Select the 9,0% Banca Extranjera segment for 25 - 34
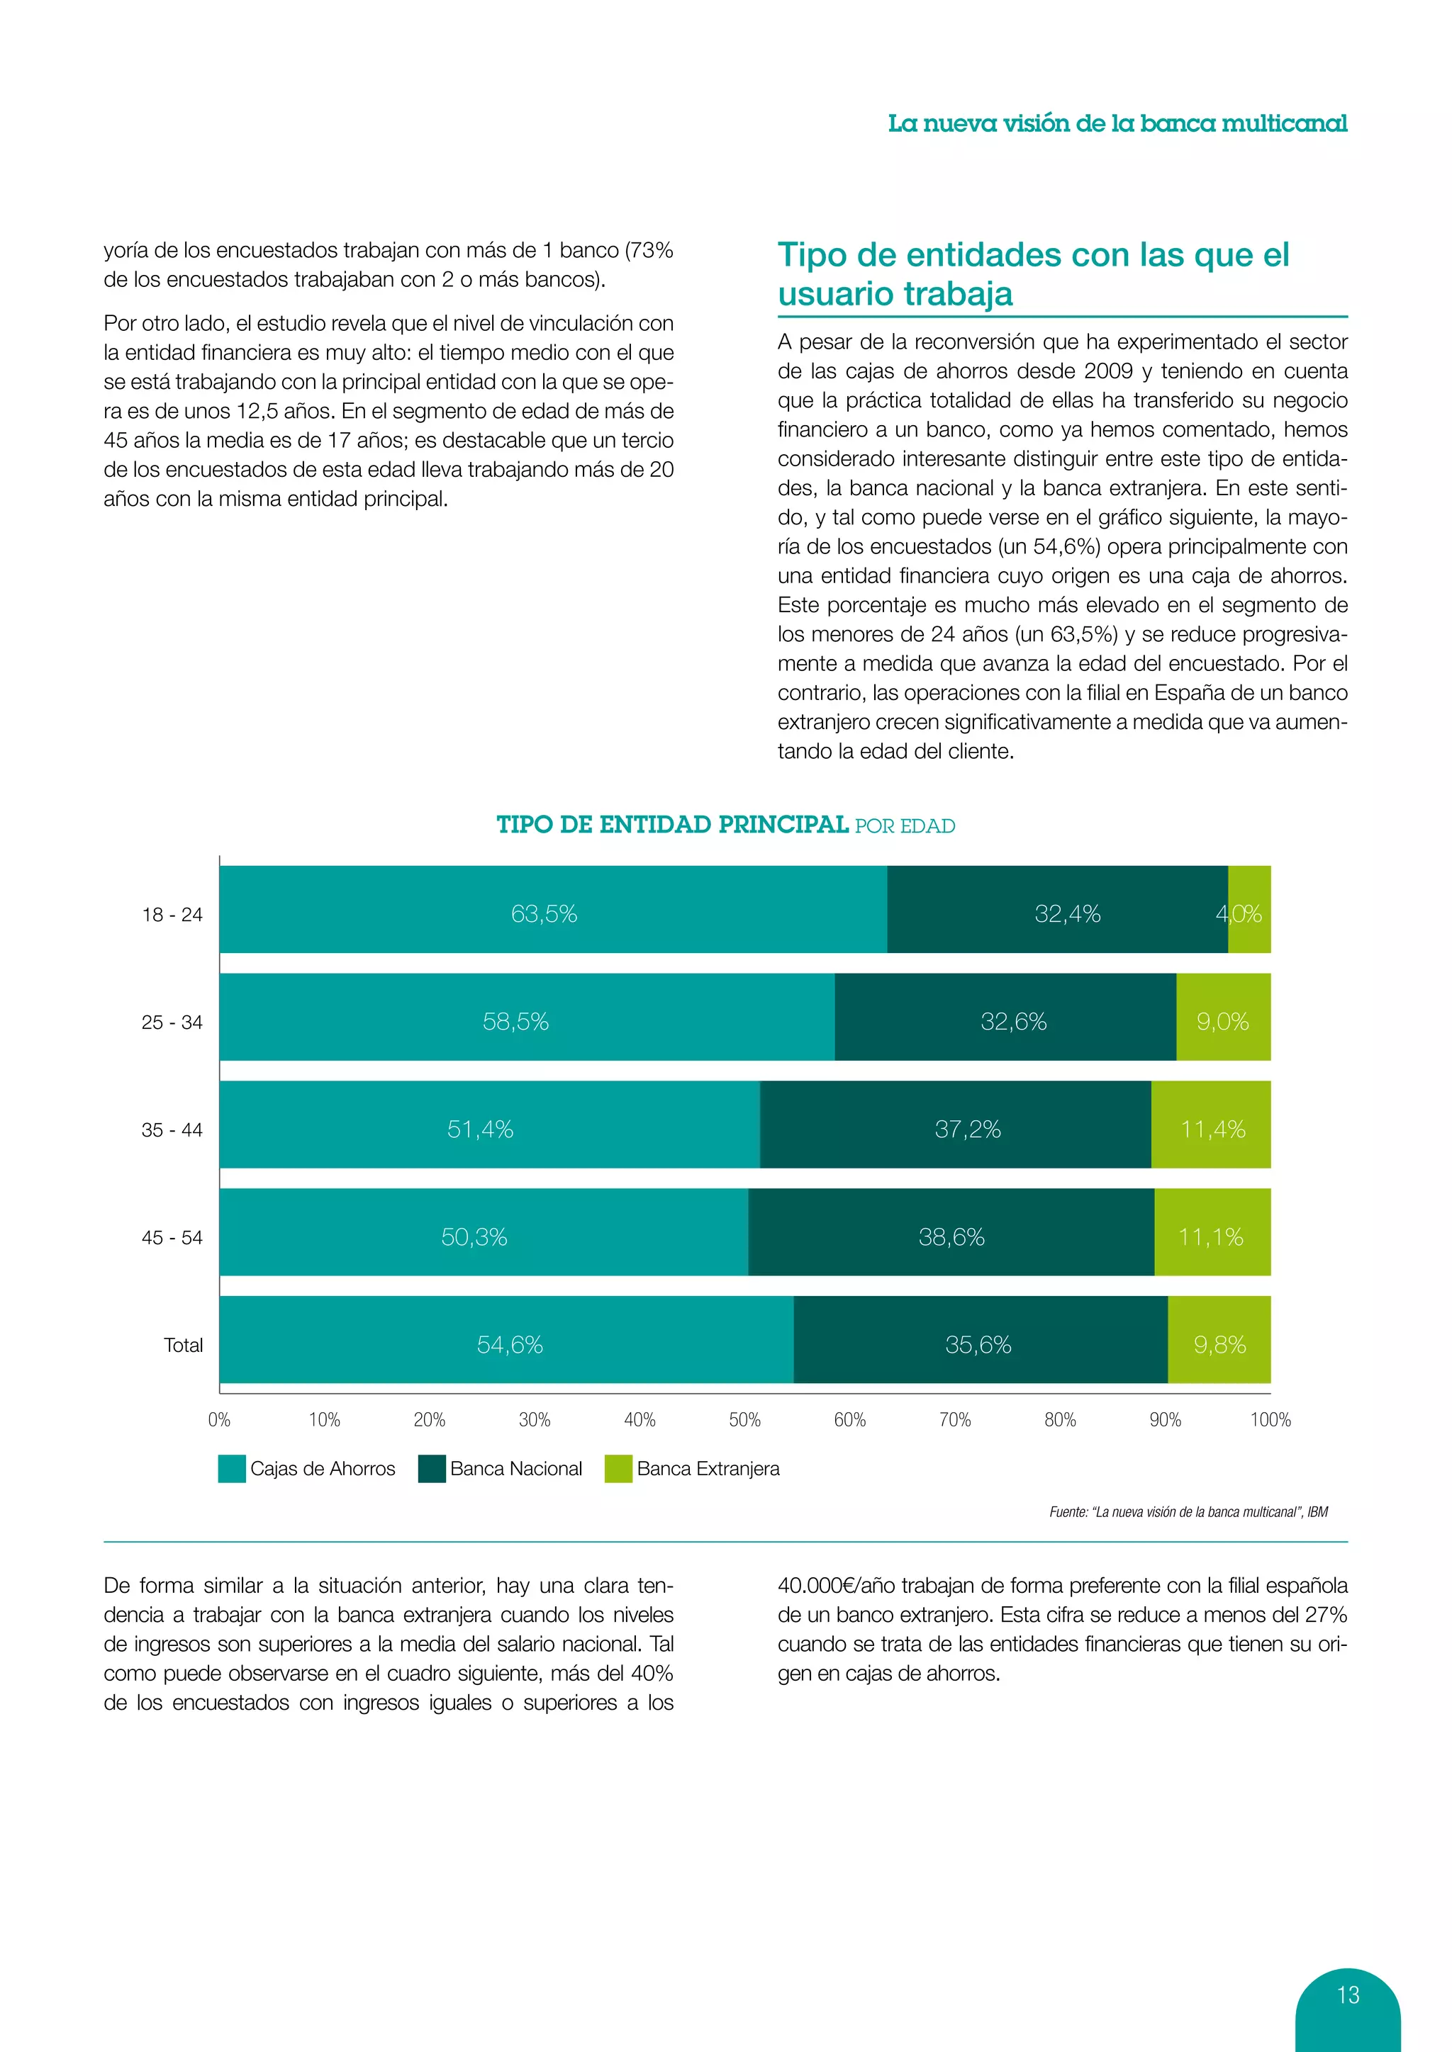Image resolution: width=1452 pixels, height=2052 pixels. pos(1222,1017)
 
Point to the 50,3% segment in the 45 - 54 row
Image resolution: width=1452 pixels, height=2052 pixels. pos(483,1232)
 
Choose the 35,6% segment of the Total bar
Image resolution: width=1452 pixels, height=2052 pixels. pos(980,1340)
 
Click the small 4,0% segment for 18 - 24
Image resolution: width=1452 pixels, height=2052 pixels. pos(1249,910)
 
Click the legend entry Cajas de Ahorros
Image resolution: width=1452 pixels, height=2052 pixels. pos(307,1468)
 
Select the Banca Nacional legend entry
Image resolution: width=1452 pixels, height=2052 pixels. pos(501,1468)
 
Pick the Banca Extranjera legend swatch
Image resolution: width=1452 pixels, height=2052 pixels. pos(618,1468)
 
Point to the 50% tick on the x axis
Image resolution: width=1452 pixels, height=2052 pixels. pos(744,1419)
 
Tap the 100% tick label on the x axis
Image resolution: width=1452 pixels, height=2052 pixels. pos(1270,1419)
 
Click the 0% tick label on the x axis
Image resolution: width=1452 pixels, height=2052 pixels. pos(219,1419)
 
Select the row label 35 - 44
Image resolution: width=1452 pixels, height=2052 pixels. pos(172,1129)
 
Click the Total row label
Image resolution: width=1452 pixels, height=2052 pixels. pos(184,1345)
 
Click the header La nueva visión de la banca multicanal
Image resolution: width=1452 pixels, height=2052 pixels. pos(1117,123)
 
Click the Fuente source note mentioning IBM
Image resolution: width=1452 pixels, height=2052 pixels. pos(1188,1512)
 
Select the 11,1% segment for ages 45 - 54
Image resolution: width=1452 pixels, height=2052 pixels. pos(1212,1232)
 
